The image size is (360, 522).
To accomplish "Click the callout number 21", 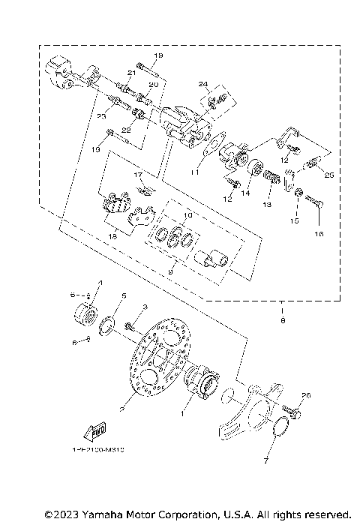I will [x=130, y=72].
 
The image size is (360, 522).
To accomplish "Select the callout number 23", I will [x=101, y=116].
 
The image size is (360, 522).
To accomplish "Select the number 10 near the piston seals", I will [x=188, y=215].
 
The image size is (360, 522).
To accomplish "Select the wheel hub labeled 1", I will [x=199, y=379].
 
